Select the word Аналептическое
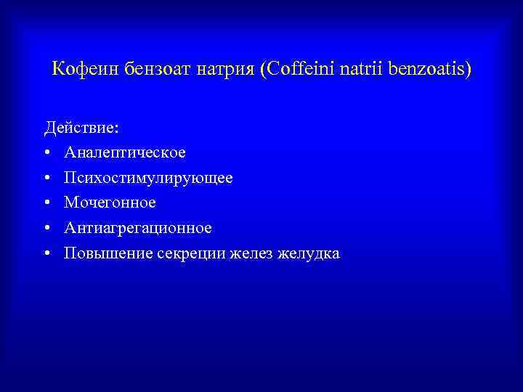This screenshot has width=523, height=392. (x=124, y=153)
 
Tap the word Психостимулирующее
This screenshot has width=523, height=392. (x=148, y=178)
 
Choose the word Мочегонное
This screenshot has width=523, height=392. (x=110, y=203)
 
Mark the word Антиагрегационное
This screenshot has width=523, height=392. (x=138, y=228)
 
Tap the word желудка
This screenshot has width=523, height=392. (x=308, y=253)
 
